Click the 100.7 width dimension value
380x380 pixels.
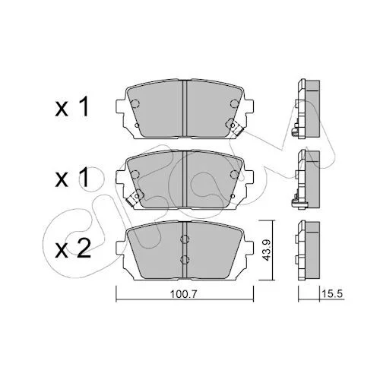pyautogui.click(x=183, y=294)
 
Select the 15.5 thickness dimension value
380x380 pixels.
pyautogui.click(x=332, y=294)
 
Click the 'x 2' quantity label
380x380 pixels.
pyautogui.click(x=73, y=249)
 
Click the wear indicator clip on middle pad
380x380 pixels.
pyautogui.click(x=135, y=198)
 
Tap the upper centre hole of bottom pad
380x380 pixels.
pyautogui.click(x=185, y=239)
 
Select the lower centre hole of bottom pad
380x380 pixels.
pyautogui.click(x=185, y=259)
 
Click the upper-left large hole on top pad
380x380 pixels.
pyautogui.click(x=135, y=103)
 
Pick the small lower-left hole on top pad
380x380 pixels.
pyautogui.click(x=137, y=125)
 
